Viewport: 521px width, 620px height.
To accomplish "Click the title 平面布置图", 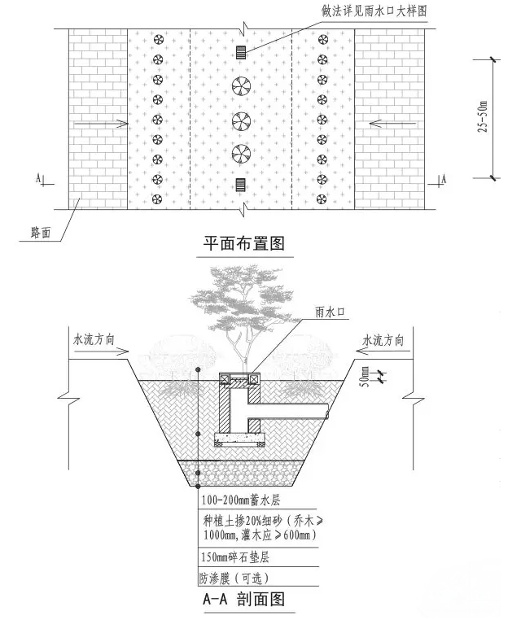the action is coord(244,243).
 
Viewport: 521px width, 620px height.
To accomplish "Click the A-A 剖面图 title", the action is coord(243,599).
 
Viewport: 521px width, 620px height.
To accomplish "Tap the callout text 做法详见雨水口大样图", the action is coord(374,11).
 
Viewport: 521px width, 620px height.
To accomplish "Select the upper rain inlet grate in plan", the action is coord(241,52).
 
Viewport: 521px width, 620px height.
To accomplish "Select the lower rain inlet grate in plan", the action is coord(240,185).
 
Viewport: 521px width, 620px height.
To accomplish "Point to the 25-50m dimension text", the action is coord(483,116).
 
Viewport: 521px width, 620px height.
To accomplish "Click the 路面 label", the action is coord(41,232).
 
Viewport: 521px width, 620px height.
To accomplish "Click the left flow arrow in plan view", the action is coord(101,124).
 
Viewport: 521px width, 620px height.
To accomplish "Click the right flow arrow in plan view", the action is coord(392,124).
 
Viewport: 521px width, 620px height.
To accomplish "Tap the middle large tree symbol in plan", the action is coord(241,121).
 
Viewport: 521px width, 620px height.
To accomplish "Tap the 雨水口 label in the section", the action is coord(330,312).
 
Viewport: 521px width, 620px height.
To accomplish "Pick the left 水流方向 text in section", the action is coord(94,338).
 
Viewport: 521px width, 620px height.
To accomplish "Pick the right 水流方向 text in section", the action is coord(383,340).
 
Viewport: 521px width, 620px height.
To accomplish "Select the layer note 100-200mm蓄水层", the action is coord(241,500).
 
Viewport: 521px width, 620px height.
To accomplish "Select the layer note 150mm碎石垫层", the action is coord(235,557).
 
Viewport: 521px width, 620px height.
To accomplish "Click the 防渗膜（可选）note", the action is coord(234,579).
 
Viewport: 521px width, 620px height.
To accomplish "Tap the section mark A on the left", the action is coord(38,178).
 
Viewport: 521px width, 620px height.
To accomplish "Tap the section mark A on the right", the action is coord(444,179).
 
